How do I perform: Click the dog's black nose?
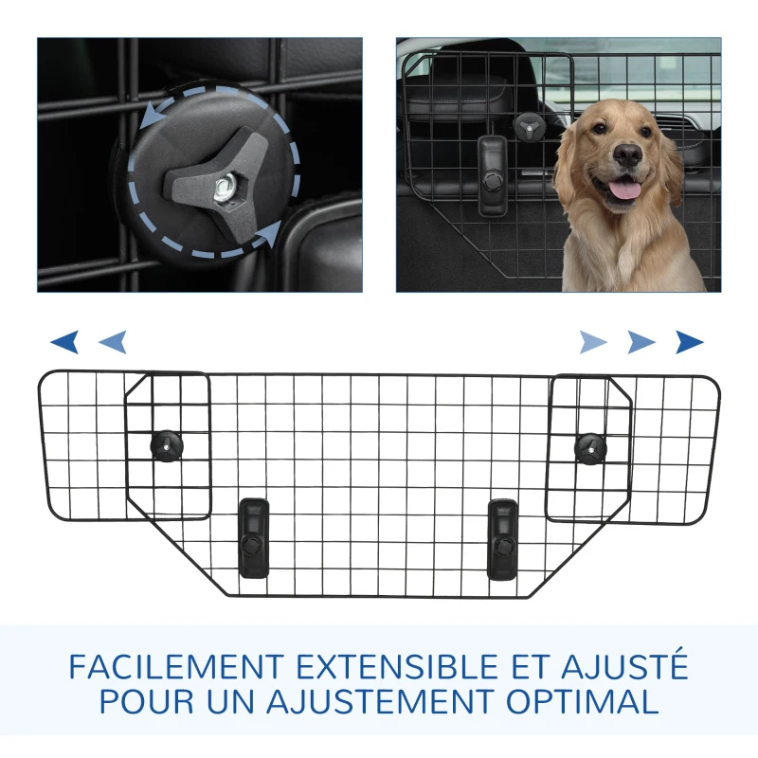tap(628, 153)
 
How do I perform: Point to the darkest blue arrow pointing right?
tap(690, 341)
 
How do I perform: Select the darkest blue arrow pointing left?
tap(64, 341)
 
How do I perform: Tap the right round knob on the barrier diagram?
tap(590, 445)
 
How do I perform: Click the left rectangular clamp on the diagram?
tap(254, 537)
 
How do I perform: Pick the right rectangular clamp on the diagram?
tap(502, 539)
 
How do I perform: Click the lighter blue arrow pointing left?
tap(113, 341)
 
